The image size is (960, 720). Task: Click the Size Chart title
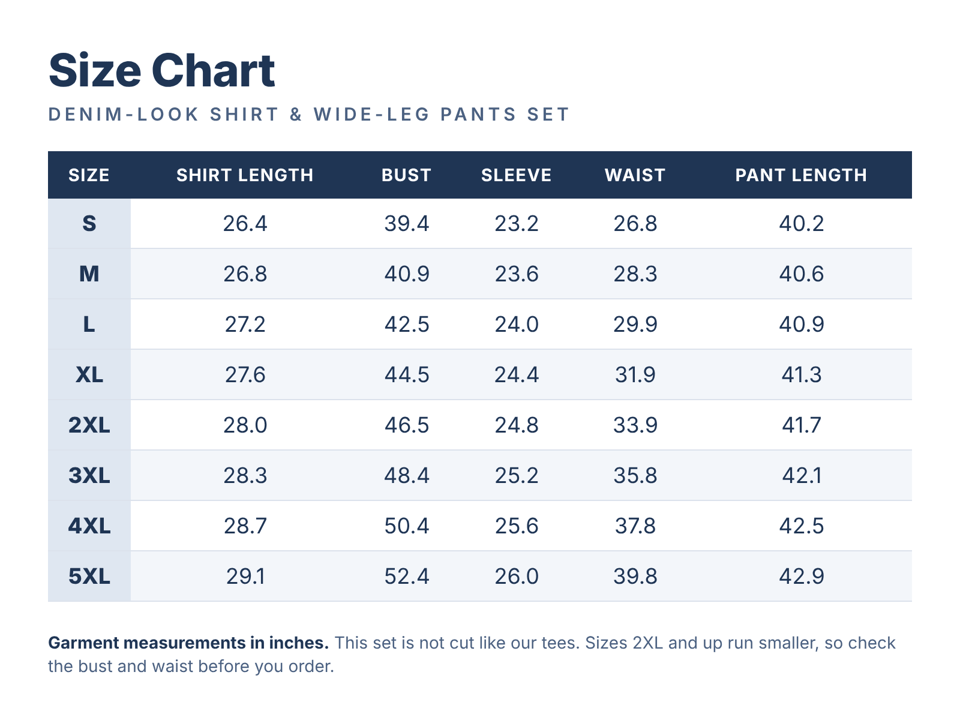tap(162, 70)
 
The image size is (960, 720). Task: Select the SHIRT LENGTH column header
tap(245, 175)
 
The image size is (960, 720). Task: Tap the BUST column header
tap(406, 175)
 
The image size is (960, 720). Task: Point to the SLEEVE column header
tap(516, 175)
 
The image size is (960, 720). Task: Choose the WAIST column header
tap(635, 175)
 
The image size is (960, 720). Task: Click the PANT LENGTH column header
tap(801, 175)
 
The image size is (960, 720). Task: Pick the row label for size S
tap(89, 224)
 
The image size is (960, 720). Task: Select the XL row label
tap(89, 374)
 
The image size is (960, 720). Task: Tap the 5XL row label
tap(89, 576)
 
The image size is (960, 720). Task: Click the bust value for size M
tap(407, 274)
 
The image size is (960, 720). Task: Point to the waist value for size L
tap(635, 325)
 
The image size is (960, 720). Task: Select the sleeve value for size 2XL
tap(517, 425)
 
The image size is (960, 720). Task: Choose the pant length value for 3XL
tap(802, 476)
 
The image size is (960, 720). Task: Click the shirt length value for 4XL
tap(245, 526)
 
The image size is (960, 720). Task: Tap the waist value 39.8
tap(635, 576)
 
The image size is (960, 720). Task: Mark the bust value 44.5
tap(407, 374)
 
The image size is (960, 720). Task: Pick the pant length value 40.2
tap(801, 224)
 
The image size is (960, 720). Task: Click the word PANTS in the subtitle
tap(478, 115)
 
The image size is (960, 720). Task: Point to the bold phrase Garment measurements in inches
tap(188, 643)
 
